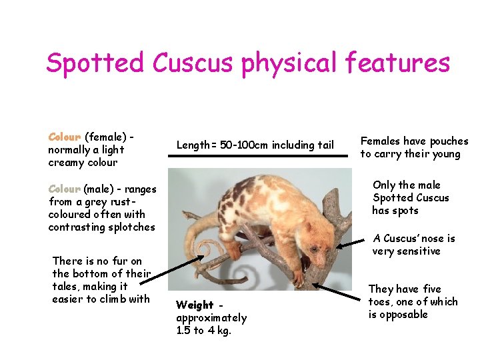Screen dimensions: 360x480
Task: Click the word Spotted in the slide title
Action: (95, 63)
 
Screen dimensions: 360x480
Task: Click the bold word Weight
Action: (195, 305)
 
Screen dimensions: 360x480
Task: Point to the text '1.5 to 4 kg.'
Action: (204, 331)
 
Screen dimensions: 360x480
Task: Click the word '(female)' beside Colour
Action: (106, 137)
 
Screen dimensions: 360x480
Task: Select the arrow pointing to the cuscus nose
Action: (353, 246)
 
